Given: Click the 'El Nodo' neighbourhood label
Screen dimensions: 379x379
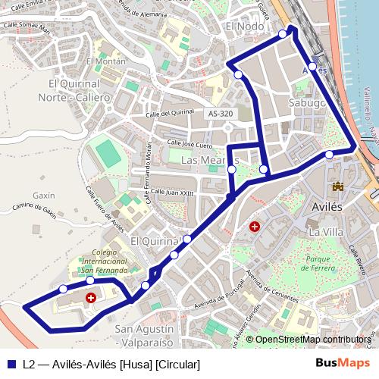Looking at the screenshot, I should [x=245, y=26].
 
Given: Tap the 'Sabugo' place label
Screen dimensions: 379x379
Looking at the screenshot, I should [x=307, y=102].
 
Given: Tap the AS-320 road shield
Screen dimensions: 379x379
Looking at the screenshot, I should [x=220, y=114].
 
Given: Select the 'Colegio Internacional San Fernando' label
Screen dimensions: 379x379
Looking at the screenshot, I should [x=105, y=261].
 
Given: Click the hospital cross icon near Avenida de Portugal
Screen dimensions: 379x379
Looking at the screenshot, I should [x=255, y=226].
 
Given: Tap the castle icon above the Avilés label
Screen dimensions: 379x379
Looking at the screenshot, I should [x=337, y=186].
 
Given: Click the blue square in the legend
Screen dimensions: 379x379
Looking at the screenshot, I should [x=11, y=365].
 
